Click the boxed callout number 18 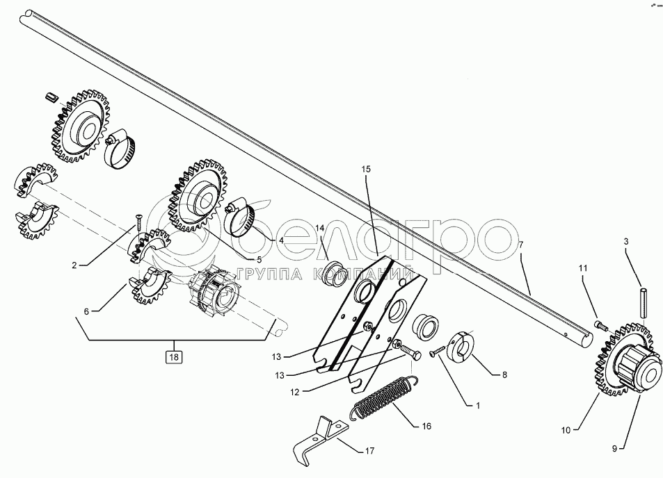coord(173,358)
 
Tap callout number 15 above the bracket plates coord(367,169)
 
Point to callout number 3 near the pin coord(625,241)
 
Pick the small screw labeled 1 coord(438,352)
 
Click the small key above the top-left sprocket coord(49,95)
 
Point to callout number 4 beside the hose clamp coord(281,240)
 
